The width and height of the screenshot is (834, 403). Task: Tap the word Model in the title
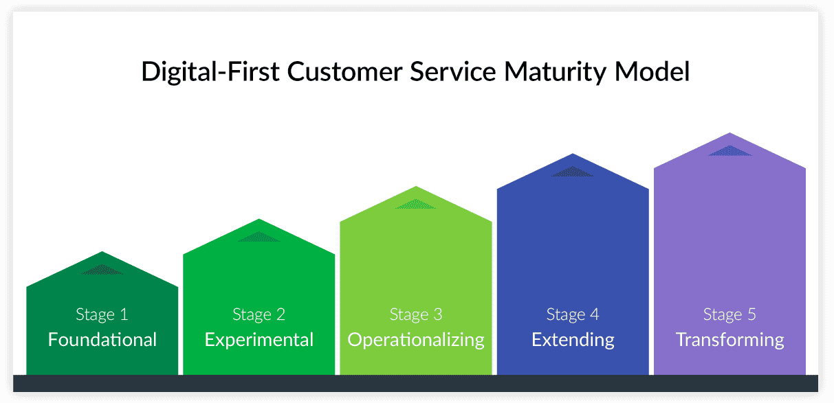pos(656,72)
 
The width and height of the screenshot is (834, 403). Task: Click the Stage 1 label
pos(102,314)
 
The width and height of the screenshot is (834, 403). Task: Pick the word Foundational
pos(102,339)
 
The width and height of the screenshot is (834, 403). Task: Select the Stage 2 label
pos(259,314)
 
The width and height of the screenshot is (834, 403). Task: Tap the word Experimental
pos(259,339)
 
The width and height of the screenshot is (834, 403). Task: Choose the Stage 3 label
pos(416,314)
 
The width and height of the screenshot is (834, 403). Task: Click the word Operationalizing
pos(416,339)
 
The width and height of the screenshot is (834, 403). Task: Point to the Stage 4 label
pos(573,314)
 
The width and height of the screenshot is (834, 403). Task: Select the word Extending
pos(573,339)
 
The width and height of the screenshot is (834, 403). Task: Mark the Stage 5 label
pos(729,314)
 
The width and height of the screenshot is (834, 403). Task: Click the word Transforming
pos(729,339)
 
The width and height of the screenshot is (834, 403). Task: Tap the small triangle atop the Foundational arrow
pos(102,270)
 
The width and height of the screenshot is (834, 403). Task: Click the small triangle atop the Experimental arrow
pos(259,238)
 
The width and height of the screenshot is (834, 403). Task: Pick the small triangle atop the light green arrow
pos(415,205)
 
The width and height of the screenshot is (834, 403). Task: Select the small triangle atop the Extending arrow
pos(573,172)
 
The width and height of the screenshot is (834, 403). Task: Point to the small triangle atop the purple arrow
pos(730,151)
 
